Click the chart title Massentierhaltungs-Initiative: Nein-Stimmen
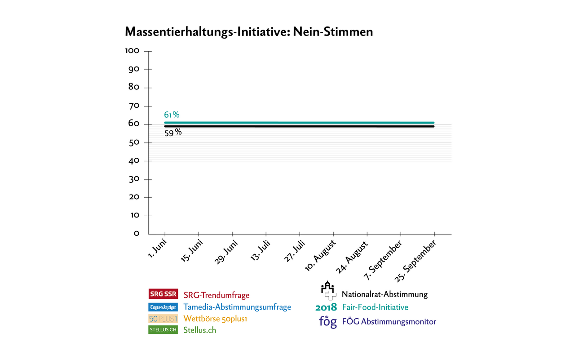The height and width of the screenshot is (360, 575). coord(248,32)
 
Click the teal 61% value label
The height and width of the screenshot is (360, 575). coord(172,115)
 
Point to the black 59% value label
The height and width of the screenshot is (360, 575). coord(172,133)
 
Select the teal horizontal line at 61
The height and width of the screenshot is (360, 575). coord(299,122)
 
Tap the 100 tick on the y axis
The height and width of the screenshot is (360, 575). coord(132,51)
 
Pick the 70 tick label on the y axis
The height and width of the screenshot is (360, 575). coord(134,106)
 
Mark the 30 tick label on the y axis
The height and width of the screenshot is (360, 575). coord(134,179)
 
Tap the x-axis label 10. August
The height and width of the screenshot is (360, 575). coord(320,255)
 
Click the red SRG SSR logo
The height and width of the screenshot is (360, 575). coord(163,294)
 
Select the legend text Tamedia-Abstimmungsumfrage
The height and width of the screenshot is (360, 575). coord(237,307)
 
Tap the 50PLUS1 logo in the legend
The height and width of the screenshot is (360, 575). coord(163,319)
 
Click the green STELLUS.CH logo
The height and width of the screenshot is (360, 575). coord(163,330)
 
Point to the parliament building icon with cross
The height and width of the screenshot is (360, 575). coord(328,291)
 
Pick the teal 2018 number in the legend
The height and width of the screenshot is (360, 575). coord(326,308)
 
